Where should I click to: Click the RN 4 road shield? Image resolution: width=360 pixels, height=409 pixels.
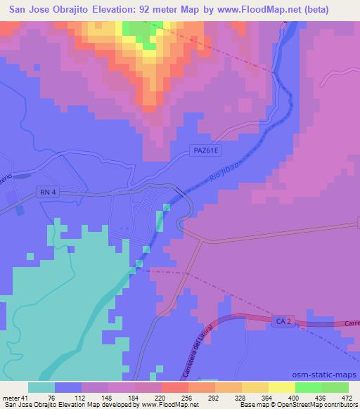[x=44, y=191]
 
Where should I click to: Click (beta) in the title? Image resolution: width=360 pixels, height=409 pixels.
[x=332, y=8]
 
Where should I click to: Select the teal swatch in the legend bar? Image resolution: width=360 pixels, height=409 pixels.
[x=41, y=387]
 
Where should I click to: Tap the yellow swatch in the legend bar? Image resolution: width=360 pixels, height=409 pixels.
[x=282, y=387]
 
